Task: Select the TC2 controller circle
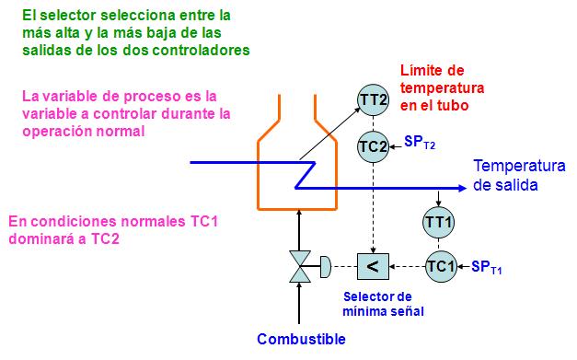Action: [373, 145]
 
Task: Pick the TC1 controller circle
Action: [440, 266]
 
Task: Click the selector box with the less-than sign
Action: [373, 266]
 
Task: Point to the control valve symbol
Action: [300, 267]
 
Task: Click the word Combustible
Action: [301, 339]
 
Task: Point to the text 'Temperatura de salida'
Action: [517, 175]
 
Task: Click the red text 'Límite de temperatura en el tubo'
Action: [442, 88]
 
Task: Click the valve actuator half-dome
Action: [325, 267]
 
